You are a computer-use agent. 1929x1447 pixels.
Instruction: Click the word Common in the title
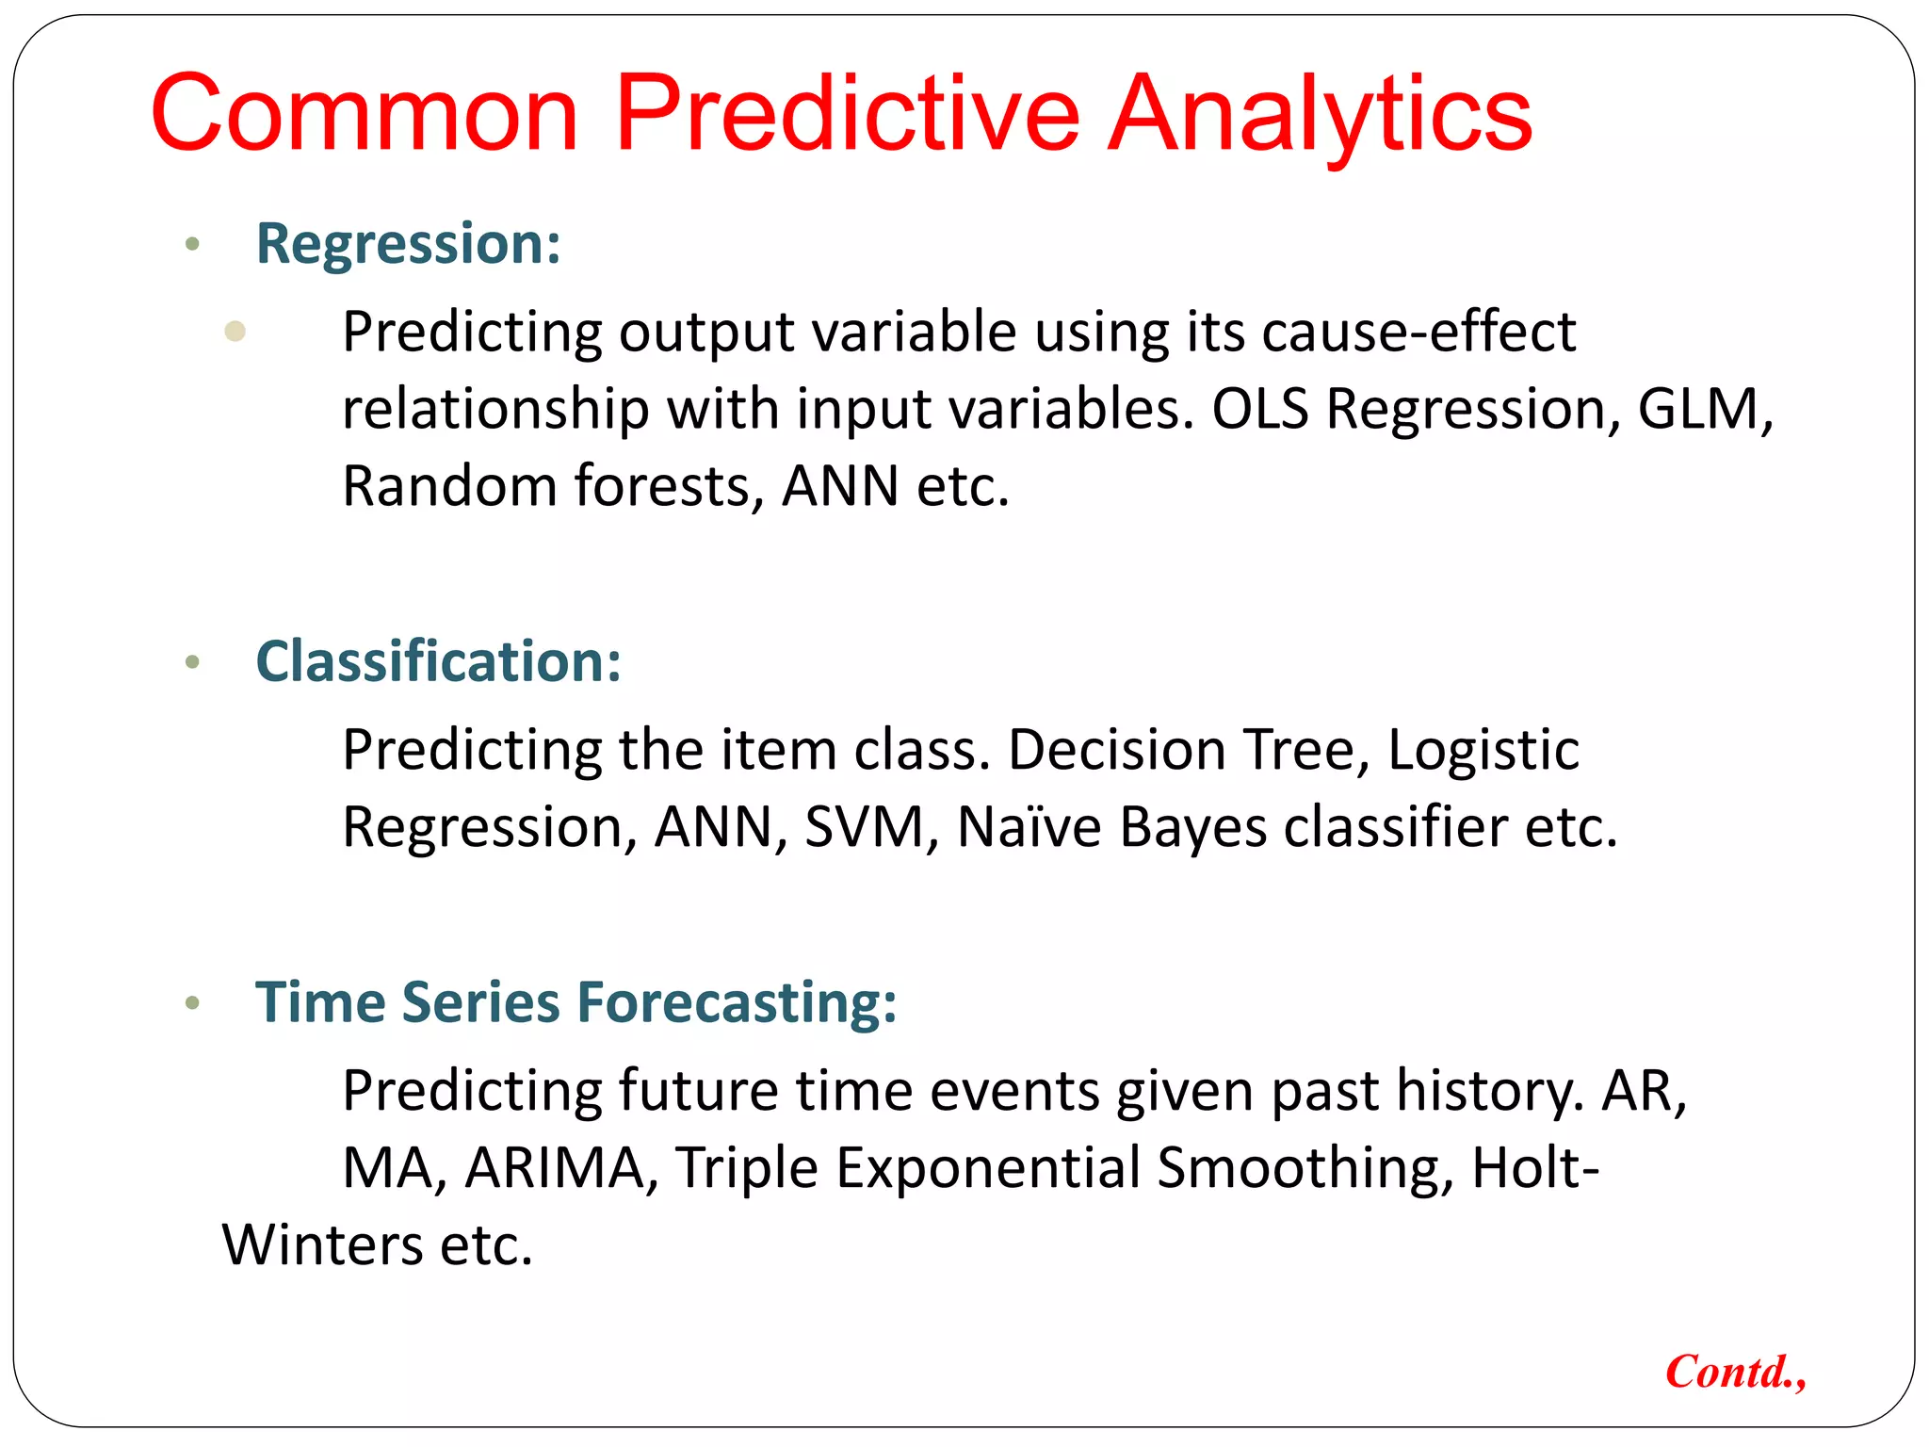click(364, 114)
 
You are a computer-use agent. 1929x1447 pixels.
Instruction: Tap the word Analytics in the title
click(1319, 114)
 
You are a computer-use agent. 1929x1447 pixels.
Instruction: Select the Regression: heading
click(409, 244)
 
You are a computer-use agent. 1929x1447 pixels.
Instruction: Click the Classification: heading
click(439, 661)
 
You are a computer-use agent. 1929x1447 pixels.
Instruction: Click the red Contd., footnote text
click(1735, 1372)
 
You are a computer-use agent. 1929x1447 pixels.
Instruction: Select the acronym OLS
click(1260, 409)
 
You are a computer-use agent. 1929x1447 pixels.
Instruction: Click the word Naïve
click(1029, 827)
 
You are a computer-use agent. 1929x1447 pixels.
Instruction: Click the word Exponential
click(988, 1170)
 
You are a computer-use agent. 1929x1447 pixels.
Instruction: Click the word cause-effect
click(1418, 332)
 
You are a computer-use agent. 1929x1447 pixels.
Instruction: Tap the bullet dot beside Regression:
click(193, 245)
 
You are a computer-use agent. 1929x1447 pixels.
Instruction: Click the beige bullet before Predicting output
click(235, 332)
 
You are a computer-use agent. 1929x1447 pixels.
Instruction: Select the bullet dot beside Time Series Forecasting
click(193, 1003)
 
